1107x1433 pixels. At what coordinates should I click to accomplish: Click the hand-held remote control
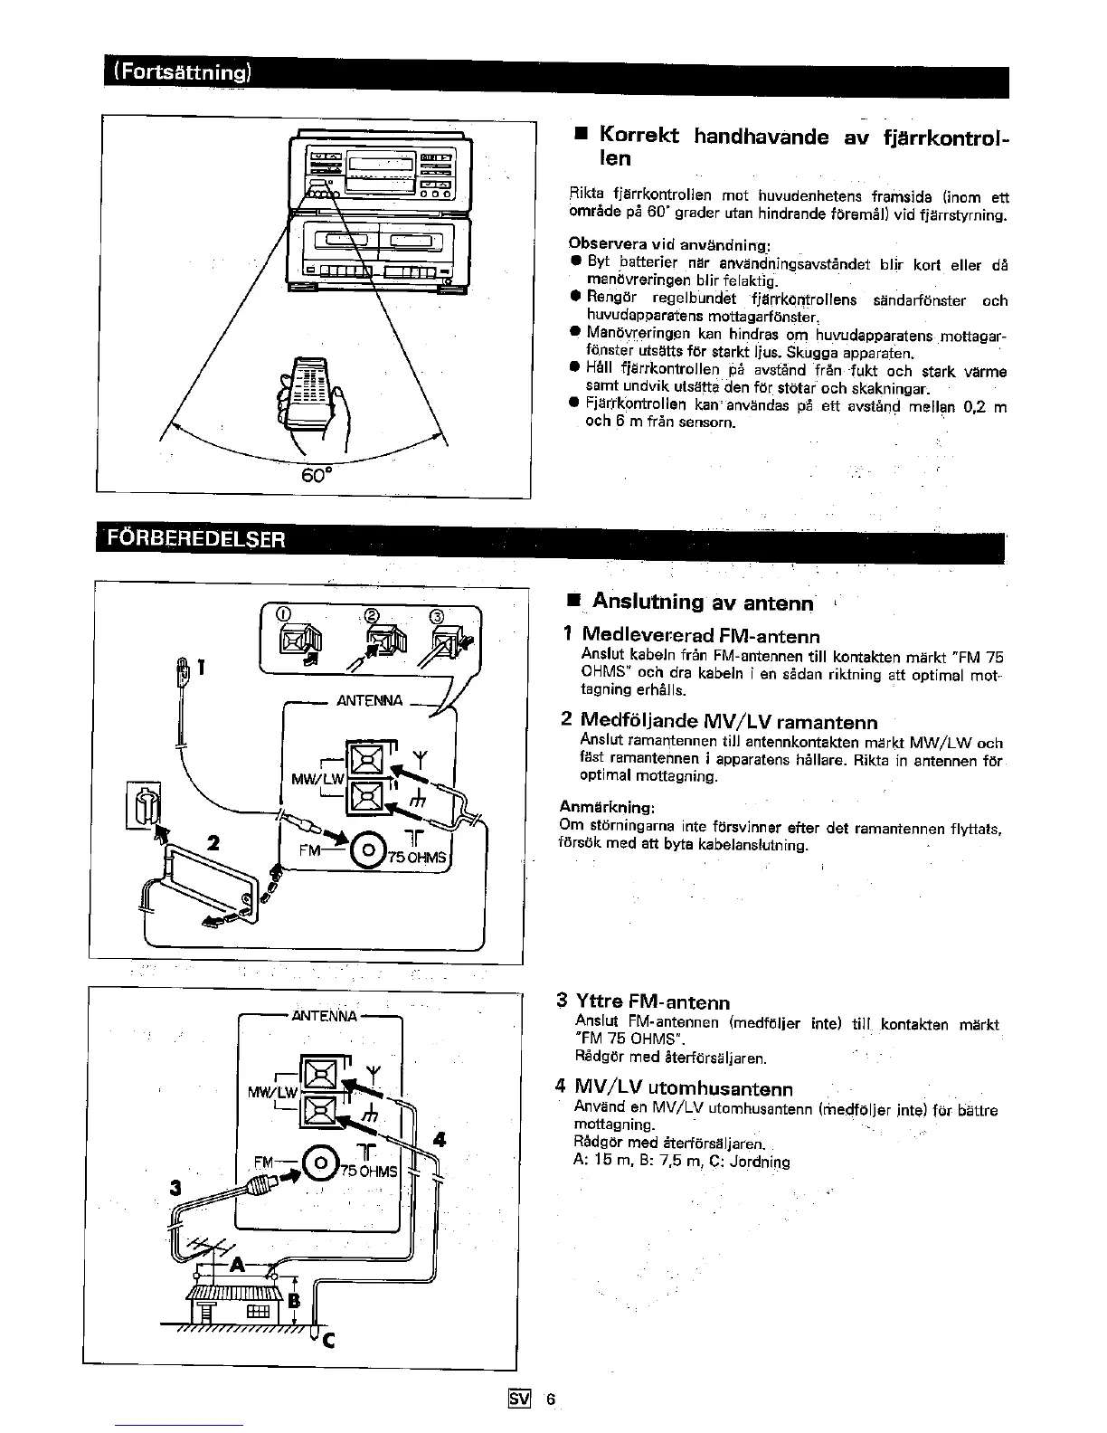point(307,399)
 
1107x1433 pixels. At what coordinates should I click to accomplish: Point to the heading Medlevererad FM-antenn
point(701,635)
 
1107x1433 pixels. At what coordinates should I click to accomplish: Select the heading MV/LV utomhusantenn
point(684,1088)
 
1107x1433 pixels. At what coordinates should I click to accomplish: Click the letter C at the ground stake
point(328,1341)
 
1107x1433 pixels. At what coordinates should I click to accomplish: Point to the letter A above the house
point(239,1264)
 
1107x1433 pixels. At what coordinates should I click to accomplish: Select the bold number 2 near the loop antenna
point(213,842)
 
